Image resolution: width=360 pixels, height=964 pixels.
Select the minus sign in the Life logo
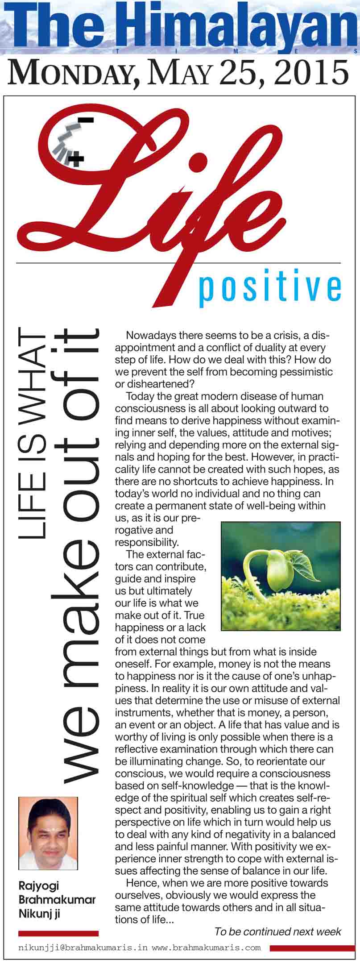pos(87,120)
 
